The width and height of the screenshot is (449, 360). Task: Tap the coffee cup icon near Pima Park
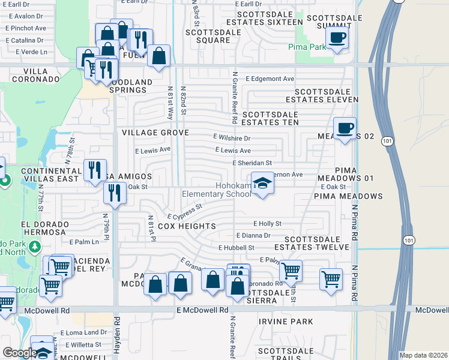pyautogui.click(x=337, y=37)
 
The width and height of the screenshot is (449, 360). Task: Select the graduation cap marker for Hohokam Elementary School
pyautogui.click(x=262, y=182)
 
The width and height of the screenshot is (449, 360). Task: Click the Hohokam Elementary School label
pyautogui.click(x=217, y=190)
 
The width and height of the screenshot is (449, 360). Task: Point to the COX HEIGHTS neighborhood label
pyautogui.click(x=187, y=226)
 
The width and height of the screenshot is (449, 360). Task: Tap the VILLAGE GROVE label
pyautogui.click(x=155, y=133)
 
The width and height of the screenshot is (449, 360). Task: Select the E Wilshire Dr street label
pyautogui.click(x=231, y=138)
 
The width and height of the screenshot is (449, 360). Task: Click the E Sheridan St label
pyautogui.click(x=252, y=163)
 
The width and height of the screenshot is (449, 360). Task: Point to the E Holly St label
pyautogui.click(x=267, y=223)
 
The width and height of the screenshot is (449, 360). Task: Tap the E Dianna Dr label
pyautogui.click(x=253, y=236)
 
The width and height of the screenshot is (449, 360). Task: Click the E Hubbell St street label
pyautogui.click(x=237, y=247)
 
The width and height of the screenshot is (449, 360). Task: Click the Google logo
pyautogui.click(x=19, y=353)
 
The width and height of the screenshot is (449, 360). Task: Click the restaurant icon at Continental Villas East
pyautogui.click(x=95, y=170)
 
